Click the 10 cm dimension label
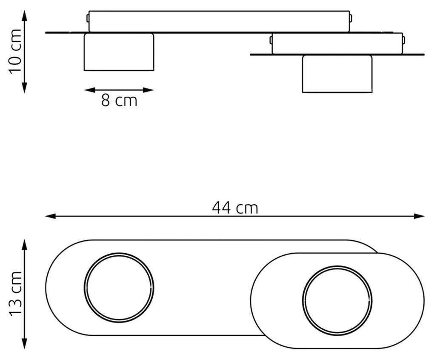pyautogui.click(x=15, y=51)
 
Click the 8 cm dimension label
pyautogui.click(x=119, y=101)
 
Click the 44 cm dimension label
pyautogui.click(x=235, y=208)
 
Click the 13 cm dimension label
pyautogui.click(x=15, y=294)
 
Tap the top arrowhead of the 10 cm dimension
pyautogui.click(x=24, y=15)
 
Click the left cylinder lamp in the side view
pyautogui.click(x=119, y=52)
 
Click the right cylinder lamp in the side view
pyautogui.click(x=337, y=74)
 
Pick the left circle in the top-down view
pyautogui.click(x=119, y=287)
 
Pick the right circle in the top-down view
pyautogui.click(x=337, y=301)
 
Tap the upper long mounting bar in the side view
pyautogui.click(x=219, y=22)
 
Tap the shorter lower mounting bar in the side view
pyautogui.click(x=337, y=44)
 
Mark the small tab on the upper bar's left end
pyautogui.click(x=87, y=18)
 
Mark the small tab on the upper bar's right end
pyautogui.click(x=351, y=18)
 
